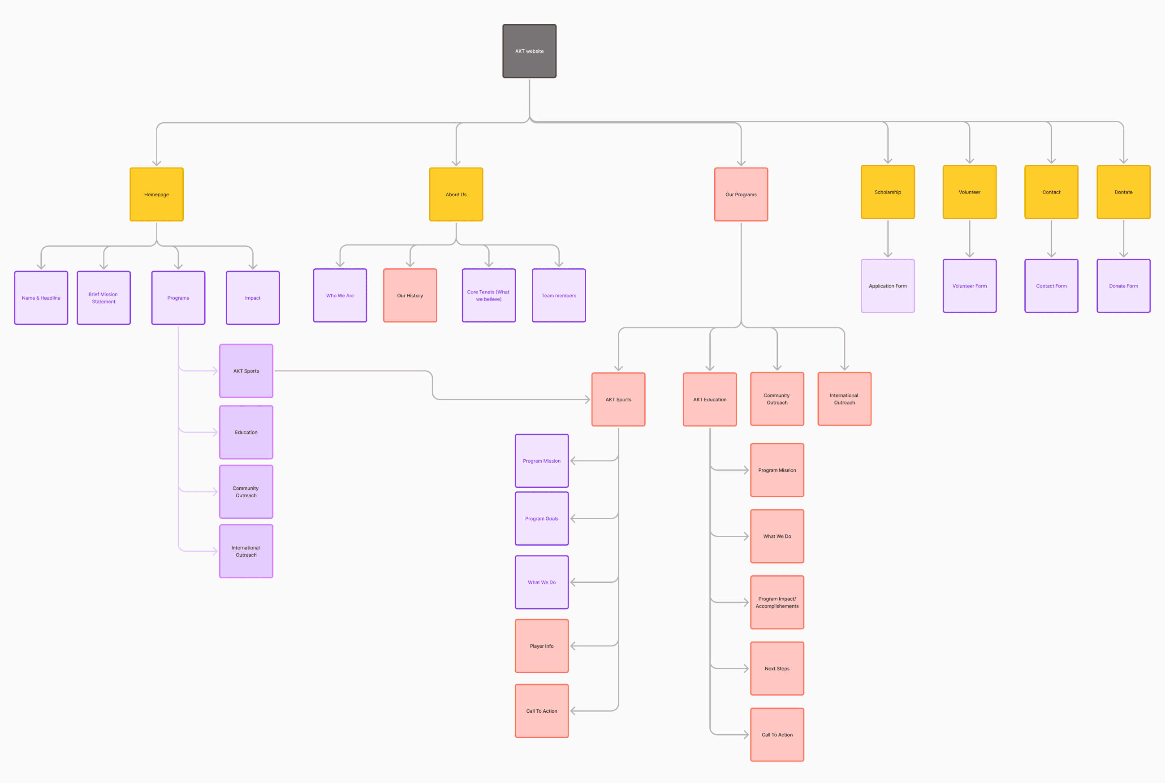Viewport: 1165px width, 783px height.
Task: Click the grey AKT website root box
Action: (529, 51)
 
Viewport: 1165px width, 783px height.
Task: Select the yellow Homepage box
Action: (156, 194)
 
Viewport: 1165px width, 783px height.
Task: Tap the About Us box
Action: (456, 194)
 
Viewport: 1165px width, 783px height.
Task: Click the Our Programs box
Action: (741, 194)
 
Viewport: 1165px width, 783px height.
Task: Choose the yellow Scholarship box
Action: (888, 192)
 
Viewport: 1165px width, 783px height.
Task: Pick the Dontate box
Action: (1124, 192)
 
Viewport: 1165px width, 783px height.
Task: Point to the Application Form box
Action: (888, 286)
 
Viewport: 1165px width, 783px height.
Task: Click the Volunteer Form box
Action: (970, 286)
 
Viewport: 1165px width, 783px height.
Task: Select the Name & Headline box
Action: (41, 297)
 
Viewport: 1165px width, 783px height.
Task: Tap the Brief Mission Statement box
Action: (104, 297)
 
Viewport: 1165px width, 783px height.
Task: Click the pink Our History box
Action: (410, 295)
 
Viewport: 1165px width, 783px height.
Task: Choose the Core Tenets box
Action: (489, 295)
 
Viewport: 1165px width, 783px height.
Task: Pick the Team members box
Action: (559, 295)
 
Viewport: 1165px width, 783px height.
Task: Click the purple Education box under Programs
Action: (246, 432)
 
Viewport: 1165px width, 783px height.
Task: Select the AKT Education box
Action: (710, 400)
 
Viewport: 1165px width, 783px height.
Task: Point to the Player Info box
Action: (542, 645)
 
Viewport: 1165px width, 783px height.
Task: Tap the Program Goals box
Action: (542, 518)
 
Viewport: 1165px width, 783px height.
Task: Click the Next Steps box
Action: (777, 668)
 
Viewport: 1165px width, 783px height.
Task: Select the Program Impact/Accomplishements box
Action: (777, 602)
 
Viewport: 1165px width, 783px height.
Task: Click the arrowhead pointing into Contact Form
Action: (1051, 255)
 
